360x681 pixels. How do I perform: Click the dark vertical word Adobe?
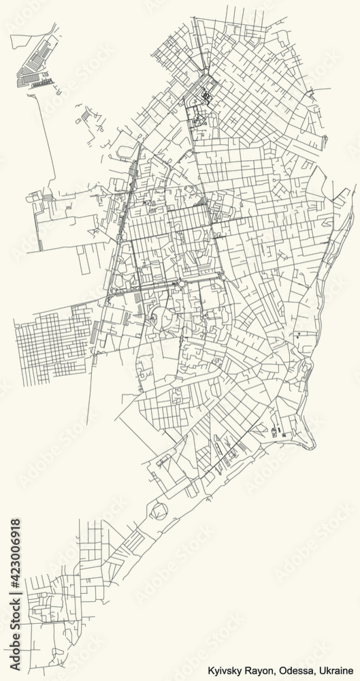tap(16, 653)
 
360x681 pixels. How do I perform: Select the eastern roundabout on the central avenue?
tap(223, 277)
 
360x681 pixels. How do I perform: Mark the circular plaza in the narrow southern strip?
tap(158, 508)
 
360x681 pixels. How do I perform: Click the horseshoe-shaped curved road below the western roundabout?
tap(159, 315)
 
